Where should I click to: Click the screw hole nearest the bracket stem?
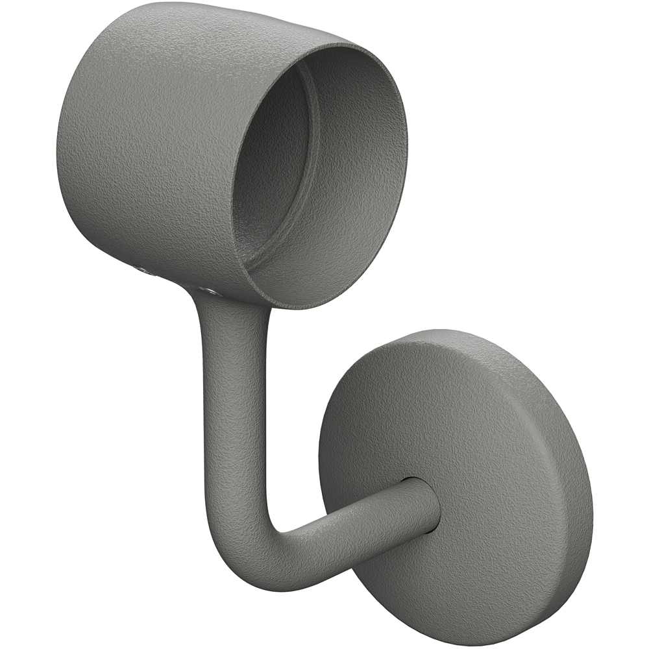pos(208,290)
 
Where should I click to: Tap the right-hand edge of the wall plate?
pos(587,493)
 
